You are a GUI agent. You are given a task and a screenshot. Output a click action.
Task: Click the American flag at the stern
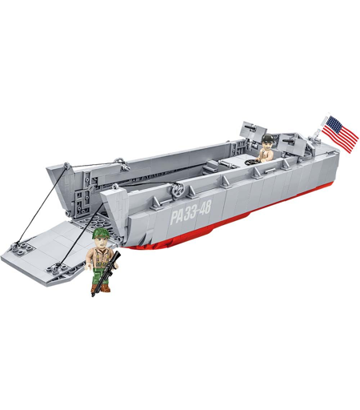(x=340, y=135)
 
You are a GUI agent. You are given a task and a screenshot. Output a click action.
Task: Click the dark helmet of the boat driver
(x=267, y=139)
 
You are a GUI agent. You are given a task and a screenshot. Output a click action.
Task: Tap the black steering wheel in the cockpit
(x=251, y=162)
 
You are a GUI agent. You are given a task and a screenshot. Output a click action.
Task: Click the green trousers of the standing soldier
(x=99, y=275)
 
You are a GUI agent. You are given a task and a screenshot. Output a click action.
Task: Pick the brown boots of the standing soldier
(x=100, y=287)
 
